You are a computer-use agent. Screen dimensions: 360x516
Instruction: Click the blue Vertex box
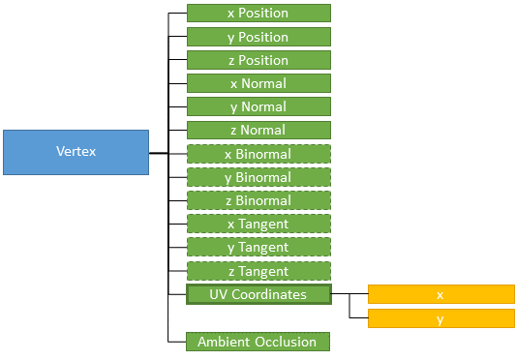(x=76, y=152)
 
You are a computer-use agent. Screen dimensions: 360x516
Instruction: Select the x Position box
(x=258, y=14)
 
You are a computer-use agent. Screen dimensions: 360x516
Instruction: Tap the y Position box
(x=258, y=37)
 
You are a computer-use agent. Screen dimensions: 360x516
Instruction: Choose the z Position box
(x=258, y=60)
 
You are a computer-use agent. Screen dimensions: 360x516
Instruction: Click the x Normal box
(x=258, y=83)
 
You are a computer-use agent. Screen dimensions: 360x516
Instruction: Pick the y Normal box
(x=258, y=106)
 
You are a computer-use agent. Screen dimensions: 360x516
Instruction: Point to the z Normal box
(x=258, y=130)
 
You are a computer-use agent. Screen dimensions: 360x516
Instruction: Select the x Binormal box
(x=258, y=154)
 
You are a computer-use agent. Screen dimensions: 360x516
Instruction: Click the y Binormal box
(x=258, y=177)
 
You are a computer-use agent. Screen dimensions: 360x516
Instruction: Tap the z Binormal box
(x=258, y=200)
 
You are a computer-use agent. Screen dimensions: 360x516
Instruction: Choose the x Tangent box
(x=258, y=224)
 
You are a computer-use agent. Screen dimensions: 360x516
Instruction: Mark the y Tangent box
(x=258, y=248)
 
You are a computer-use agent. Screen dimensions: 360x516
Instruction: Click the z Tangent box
(x=258, y=271)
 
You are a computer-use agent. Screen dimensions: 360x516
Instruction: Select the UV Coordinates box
(x=258, y=294)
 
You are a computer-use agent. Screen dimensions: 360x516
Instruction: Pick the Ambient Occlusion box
(x=258, y=342)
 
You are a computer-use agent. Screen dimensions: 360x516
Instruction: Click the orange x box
(x=440, y=294)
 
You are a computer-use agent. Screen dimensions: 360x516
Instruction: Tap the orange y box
(x=440, y=318)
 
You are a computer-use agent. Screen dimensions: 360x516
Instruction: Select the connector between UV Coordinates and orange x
(x=349, y=294)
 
